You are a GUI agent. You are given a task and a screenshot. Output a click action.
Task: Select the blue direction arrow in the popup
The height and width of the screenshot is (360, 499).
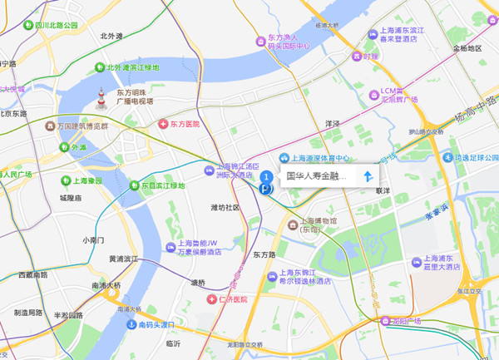367,176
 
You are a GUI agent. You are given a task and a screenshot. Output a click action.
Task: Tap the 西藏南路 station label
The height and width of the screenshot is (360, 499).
32,274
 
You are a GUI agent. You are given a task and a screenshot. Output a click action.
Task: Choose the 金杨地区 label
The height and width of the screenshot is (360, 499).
467,48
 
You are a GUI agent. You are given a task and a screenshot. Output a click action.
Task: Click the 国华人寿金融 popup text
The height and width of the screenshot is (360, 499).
316,176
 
